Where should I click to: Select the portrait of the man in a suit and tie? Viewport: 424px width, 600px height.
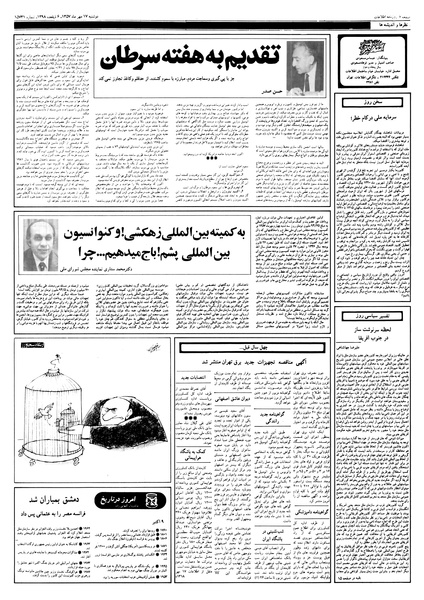pos(40,244)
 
